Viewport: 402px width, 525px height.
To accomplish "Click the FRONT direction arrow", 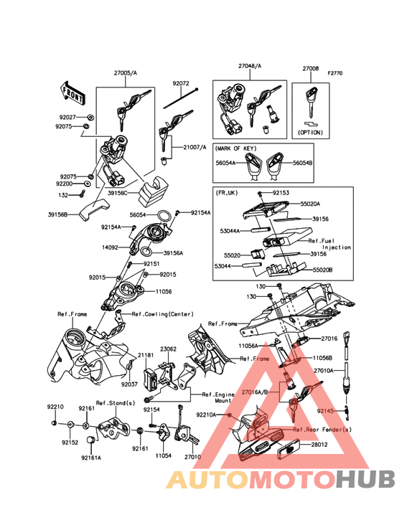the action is pos(72,92).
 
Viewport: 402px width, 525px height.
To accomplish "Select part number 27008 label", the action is pos(311,69).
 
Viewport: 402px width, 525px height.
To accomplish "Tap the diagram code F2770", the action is pos(335,73).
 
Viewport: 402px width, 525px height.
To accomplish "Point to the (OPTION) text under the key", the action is pos(311,132).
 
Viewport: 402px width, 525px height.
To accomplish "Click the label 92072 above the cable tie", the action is pos(181,83).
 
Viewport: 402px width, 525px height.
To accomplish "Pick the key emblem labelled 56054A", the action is pos(253,163).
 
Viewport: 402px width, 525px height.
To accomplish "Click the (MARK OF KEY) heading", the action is pos(236,148).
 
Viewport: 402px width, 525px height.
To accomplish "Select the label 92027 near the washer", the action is pos(67,118).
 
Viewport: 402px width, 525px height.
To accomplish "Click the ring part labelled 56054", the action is pos(164,215).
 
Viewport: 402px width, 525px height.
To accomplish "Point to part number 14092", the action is pos(110,247).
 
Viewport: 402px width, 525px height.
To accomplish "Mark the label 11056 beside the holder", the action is pos(164,292).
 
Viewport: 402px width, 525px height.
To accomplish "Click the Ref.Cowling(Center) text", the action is pos(163,314).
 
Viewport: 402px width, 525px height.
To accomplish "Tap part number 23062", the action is pos(168,349).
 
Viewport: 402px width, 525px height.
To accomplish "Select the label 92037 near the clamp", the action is pos(129,384).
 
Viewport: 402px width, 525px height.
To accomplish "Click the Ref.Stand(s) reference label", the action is pos(116,403).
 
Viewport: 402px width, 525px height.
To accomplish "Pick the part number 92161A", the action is pos(90,458).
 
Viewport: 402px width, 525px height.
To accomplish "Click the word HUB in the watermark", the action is pos(366,479).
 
